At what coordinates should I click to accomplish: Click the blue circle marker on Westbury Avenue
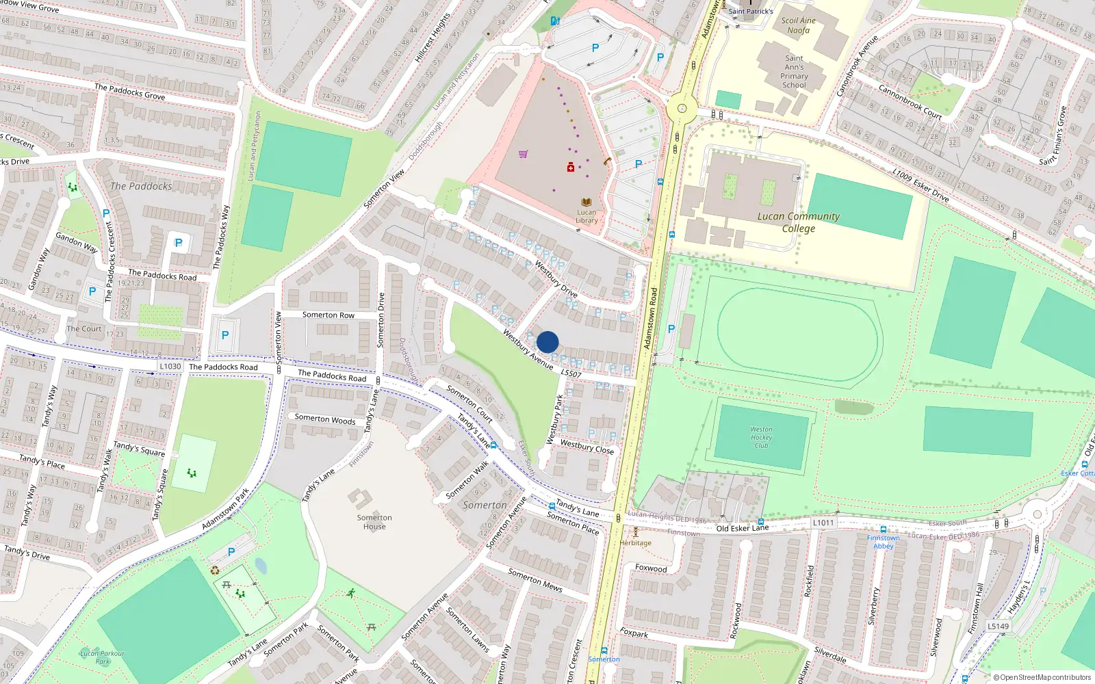click(547, 342)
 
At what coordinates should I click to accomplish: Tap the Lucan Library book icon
click(587, 202)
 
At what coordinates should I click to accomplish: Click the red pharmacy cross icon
click(570, 168)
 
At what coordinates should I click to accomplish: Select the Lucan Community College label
click(798, 222)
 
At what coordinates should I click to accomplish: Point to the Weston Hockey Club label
click(761, 437)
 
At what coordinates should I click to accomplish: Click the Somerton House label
click(374, 522)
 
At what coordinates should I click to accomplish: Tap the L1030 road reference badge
click(170, 367)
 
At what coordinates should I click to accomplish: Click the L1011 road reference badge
click(823, 523)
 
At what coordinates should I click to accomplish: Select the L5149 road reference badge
click(998, 626)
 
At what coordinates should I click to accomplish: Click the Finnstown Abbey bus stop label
click(883, 542)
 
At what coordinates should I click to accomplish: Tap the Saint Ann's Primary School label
click(794, 72)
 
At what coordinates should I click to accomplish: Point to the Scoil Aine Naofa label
click(798, 25)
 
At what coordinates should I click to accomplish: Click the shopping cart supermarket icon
click(524, 154)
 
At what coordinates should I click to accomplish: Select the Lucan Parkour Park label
click(103, 657)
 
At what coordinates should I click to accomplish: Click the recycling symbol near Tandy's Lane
click(215, 570)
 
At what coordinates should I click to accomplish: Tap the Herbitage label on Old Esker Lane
click(636, 543)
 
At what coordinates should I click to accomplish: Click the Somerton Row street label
click(328, 315)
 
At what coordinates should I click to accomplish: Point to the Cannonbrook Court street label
click(910, 103)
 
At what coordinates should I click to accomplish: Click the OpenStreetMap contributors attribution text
click(1042, 677)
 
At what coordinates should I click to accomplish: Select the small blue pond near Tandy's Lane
click(261, 566)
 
